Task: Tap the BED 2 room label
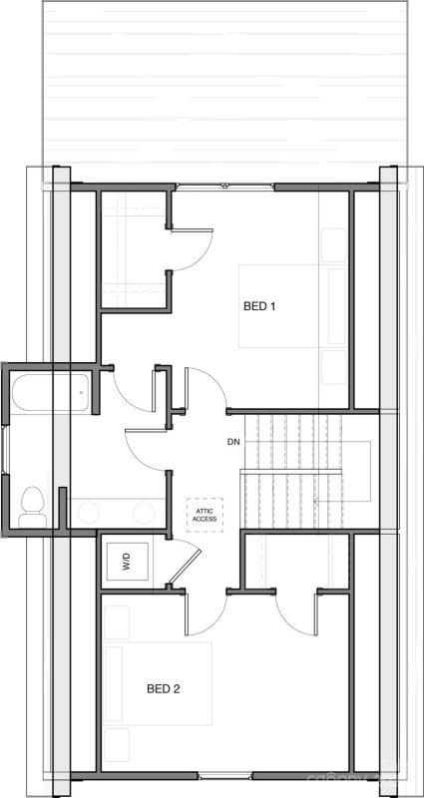pyautogui.click(x=163, y=688)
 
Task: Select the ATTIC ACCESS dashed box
pyautogui.click(x=205, y=515)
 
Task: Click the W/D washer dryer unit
pyautogui.click(x=127, y=560)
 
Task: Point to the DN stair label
pyautogui.click(x=233, y=441)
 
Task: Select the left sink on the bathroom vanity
pyautogui.click(x=88, y=513)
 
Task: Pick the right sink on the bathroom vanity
pyautogui.click(x=142, y=513)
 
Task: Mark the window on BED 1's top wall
pyautogui.click(x=224, y=187)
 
